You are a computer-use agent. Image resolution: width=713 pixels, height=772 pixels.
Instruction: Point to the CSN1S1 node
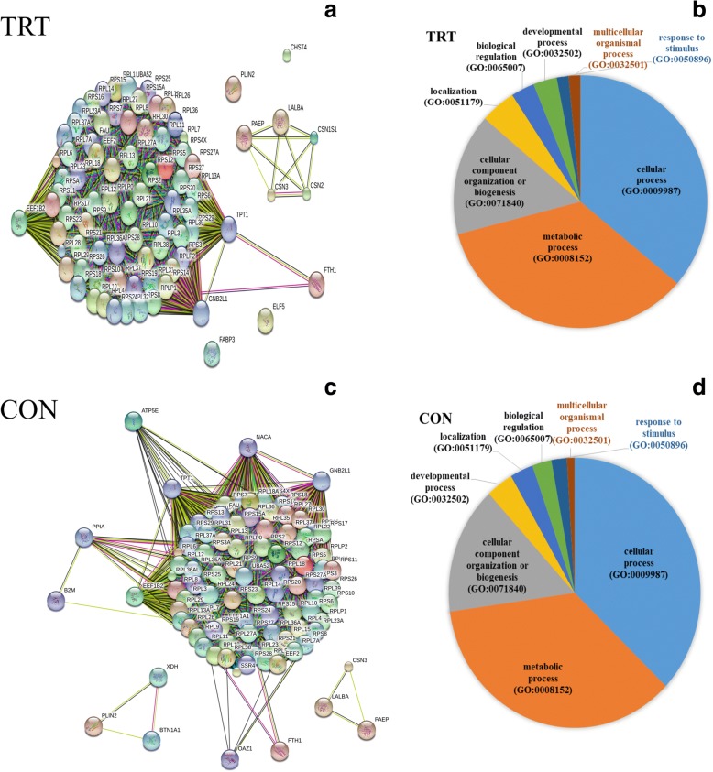click(313, 138)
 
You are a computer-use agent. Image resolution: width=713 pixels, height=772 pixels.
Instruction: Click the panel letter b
click(700, 14)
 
